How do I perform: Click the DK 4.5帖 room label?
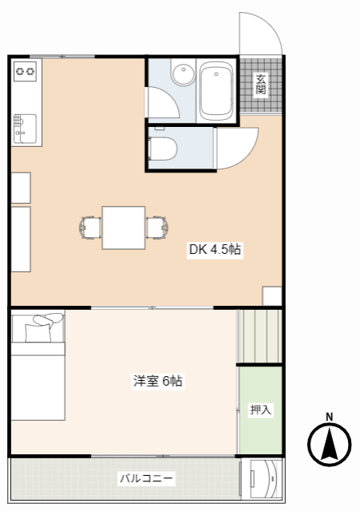215,250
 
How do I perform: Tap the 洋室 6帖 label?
157,382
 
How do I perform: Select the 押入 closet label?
261,410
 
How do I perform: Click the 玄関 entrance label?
261,83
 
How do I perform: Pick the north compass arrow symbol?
330,444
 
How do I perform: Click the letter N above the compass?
330,415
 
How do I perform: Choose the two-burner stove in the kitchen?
26,72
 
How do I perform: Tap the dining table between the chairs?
124,227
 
